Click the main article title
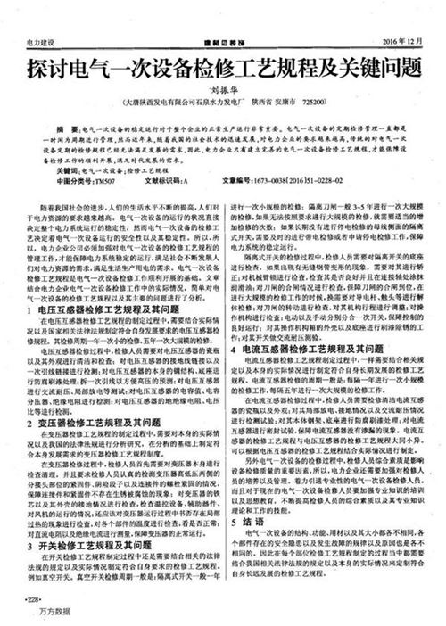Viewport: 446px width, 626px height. (223, 67)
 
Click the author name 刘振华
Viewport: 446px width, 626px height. (223, 90)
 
